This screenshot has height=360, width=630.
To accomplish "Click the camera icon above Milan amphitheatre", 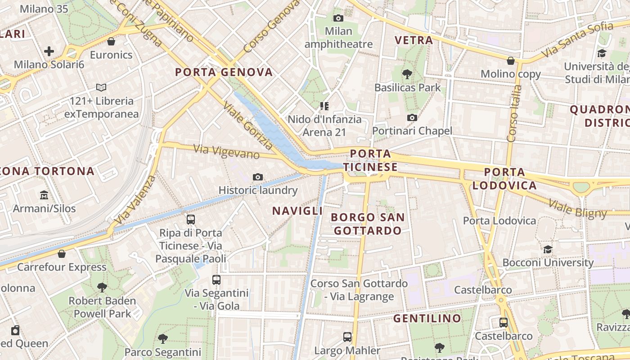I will tap(338, 18).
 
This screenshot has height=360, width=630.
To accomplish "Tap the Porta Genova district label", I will tap(224, 72).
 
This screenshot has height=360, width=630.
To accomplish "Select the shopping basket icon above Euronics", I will tap(111, 41).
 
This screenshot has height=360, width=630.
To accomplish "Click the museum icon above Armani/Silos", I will tap(44, 195).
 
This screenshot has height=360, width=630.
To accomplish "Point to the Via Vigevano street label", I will tap(226, 152).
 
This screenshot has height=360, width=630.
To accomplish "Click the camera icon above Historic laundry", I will tap(258, 177).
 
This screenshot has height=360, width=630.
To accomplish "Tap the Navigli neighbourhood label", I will tap(297, 211).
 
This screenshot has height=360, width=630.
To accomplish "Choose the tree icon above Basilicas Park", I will tap(407, 74).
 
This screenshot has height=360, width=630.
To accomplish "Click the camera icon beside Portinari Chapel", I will tap(412, 117).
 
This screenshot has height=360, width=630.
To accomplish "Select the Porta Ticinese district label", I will tap(370, 161).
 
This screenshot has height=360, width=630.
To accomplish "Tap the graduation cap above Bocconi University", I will tap(548, 249).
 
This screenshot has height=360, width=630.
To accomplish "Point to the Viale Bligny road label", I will tap(577, 208).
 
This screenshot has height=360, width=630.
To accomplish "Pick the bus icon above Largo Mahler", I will tap(347, 337).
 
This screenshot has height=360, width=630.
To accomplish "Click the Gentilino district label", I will tap(427, 319).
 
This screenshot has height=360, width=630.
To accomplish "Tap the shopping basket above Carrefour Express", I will tap(62, 254).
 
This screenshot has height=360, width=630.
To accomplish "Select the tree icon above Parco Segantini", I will tap(162, 338).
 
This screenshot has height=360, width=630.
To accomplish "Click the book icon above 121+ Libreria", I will tap(101, 87).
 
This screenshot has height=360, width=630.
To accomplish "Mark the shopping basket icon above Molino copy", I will tap(511, 60).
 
